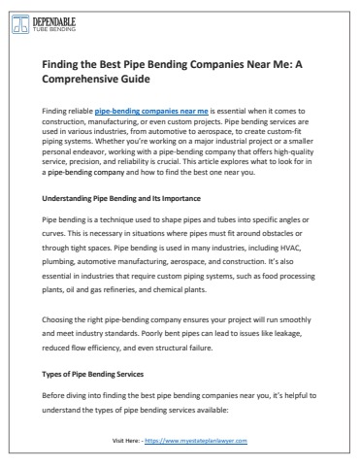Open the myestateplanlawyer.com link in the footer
tap(203, 439)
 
